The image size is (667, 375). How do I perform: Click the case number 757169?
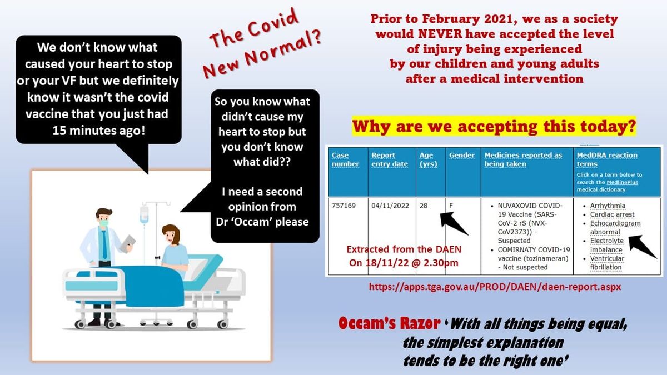click(x=344, y=205)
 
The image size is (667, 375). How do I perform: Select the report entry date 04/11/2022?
click(x=390, y=205)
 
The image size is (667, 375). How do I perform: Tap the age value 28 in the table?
click(x=425, y=205)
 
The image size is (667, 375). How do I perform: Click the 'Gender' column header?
click(x=462, y=155)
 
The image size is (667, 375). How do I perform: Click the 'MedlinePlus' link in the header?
click(x=625, y=182)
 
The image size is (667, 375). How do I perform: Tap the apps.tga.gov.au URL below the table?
click(x=495, y=287)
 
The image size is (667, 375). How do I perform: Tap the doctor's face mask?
click(x=103, y=223)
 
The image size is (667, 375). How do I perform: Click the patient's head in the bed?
click(x=169, y=234)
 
